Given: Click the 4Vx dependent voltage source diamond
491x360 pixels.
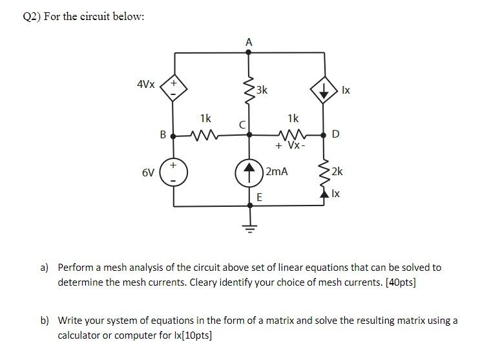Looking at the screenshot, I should [x=173, y=89].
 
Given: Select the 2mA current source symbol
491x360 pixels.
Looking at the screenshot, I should [x=249, y=172].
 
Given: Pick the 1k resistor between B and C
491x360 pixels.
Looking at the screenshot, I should [x=205, y=135].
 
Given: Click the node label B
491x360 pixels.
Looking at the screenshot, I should [x=163, y=134].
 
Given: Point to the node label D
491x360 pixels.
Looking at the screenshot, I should [x=335, y=134].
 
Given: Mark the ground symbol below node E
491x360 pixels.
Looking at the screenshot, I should [x=249, y=226].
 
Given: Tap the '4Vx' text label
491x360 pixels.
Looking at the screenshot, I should [x=146, y=85].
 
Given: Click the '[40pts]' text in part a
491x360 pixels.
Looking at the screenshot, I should [x=399, y=282].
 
